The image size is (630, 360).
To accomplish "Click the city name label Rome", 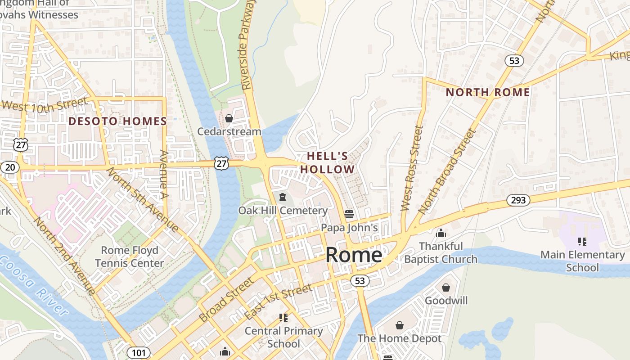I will pos(354,255).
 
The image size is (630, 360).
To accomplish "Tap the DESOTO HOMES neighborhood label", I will pos(117,121).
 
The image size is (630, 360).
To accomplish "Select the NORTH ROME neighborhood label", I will pos(487,92).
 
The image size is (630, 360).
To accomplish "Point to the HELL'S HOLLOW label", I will pos(328,163).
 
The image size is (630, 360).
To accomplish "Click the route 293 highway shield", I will pos(518,200).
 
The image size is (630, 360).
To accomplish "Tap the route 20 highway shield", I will pos(9,167).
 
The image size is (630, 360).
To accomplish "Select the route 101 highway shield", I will pos(138,352).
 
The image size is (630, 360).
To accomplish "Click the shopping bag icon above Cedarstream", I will pos(229,118).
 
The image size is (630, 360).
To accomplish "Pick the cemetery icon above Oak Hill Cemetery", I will pos(283,197).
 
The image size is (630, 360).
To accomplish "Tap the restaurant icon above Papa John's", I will pos(349,214).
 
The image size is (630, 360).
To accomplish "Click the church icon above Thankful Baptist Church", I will pos(441,233).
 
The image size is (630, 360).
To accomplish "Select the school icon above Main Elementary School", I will pos(582,242).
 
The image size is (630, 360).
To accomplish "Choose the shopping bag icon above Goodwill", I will pos(446,287).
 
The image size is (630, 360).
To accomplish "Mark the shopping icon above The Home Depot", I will pos(399,325).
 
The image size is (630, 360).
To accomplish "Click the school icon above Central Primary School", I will pos(283,318).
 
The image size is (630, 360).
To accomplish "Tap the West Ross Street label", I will pos(412,168).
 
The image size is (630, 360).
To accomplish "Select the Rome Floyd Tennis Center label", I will pos(130,256).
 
